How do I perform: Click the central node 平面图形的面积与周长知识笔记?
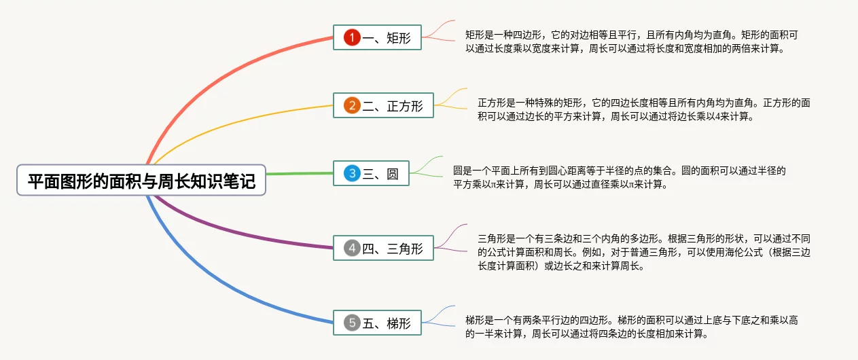141,181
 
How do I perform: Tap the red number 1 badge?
351,38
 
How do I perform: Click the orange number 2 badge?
351,106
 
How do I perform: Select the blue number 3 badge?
351,174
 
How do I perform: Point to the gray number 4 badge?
351,249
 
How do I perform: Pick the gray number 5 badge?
351,323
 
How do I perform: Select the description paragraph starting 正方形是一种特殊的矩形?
643,109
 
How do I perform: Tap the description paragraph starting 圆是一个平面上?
619,177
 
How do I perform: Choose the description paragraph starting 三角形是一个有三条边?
643,252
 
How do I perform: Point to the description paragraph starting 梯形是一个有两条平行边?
631,327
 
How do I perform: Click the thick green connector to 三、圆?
299,173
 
